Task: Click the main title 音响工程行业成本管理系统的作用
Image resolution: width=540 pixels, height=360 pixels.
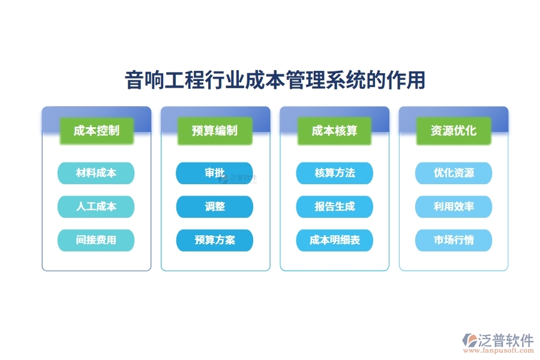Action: (275, 80)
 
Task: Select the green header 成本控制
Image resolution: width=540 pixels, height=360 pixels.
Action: (96, 130)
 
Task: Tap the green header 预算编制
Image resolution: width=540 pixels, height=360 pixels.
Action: (215, 130)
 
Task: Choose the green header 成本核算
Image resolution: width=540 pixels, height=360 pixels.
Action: (334, 130)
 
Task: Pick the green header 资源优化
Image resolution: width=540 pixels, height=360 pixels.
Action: (454, 130)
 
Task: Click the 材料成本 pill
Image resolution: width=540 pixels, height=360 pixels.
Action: (96, 173)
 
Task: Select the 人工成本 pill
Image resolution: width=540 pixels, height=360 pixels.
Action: (96, 206)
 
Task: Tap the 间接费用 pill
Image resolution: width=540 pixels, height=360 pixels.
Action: (96, 240)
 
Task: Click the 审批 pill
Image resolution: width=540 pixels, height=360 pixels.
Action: (214, 173)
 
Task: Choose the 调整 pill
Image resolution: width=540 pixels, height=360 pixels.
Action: (214, 206)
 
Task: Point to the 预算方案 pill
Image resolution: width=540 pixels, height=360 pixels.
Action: (214, 240)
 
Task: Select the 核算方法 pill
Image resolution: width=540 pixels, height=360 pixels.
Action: (334, 173)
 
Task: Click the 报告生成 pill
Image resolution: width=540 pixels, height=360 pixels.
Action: (334, 206)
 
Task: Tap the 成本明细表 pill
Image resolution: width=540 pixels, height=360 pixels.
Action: (334, 240)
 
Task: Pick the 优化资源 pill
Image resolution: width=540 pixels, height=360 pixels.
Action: (454, 173)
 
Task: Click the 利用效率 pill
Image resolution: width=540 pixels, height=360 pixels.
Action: (454, 206)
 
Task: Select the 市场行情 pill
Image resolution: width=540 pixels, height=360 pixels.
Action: (454, 240)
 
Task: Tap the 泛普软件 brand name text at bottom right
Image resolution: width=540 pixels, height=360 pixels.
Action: (506, 340)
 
